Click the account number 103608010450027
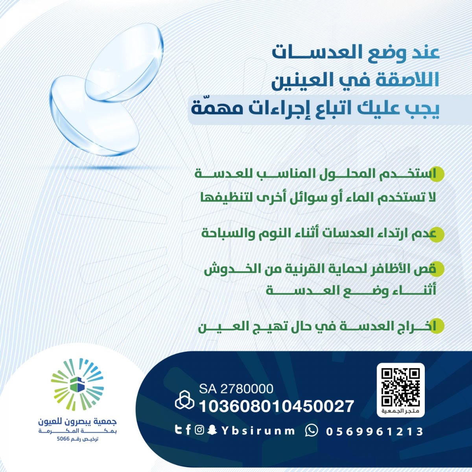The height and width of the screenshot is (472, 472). (277, 406)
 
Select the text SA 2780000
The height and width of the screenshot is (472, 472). (236, 389)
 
